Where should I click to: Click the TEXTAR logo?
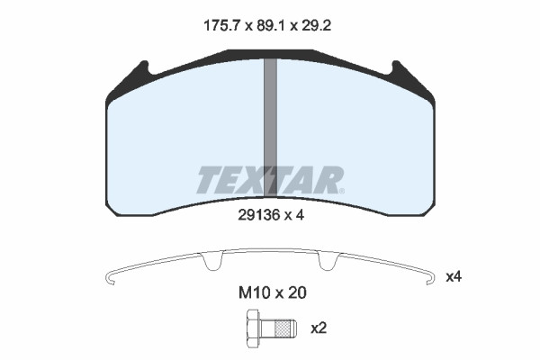(269, 180)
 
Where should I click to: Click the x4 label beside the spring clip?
(454, 277)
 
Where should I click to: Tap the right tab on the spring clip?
(327, 263)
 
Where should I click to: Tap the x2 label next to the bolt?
(318, 328)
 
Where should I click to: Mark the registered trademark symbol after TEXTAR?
(340, 190)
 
